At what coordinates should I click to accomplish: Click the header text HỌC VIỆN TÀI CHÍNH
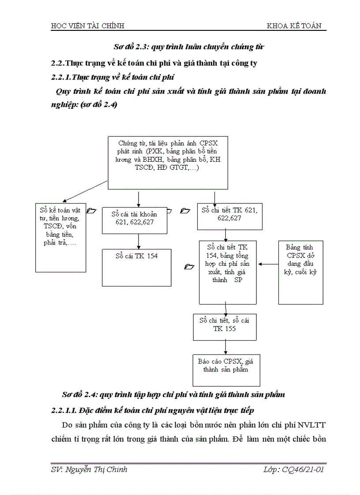click(x=88, y=26)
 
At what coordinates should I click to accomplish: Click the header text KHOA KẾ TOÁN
click(x=294, y=26)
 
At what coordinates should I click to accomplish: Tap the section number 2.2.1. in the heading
click(x=61, y=78)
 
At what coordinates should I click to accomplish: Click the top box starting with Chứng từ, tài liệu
click(x=167, y=163)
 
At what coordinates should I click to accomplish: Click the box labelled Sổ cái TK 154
click(x=136, y=267)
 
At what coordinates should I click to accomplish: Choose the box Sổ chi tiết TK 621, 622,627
click(x=229, y=216)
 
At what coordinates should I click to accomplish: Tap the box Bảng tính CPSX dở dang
click(x=301, y=272)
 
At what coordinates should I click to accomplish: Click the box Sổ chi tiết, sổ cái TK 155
click(x=225, y=326)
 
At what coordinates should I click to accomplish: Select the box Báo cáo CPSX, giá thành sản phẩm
click(x=225, y=369)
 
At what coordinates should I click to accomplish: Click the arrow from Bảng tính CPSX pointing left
click(x=268, y=264)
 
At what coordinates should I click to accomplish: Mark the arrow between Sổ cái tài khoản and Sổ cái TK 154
click(x=139, y=241)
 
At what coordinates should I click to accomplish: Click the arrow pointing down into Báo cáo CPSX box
click(x=225, y=347)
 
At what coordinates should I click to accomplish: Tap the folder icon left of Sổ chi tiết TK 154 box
click(x=189, y=267)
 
